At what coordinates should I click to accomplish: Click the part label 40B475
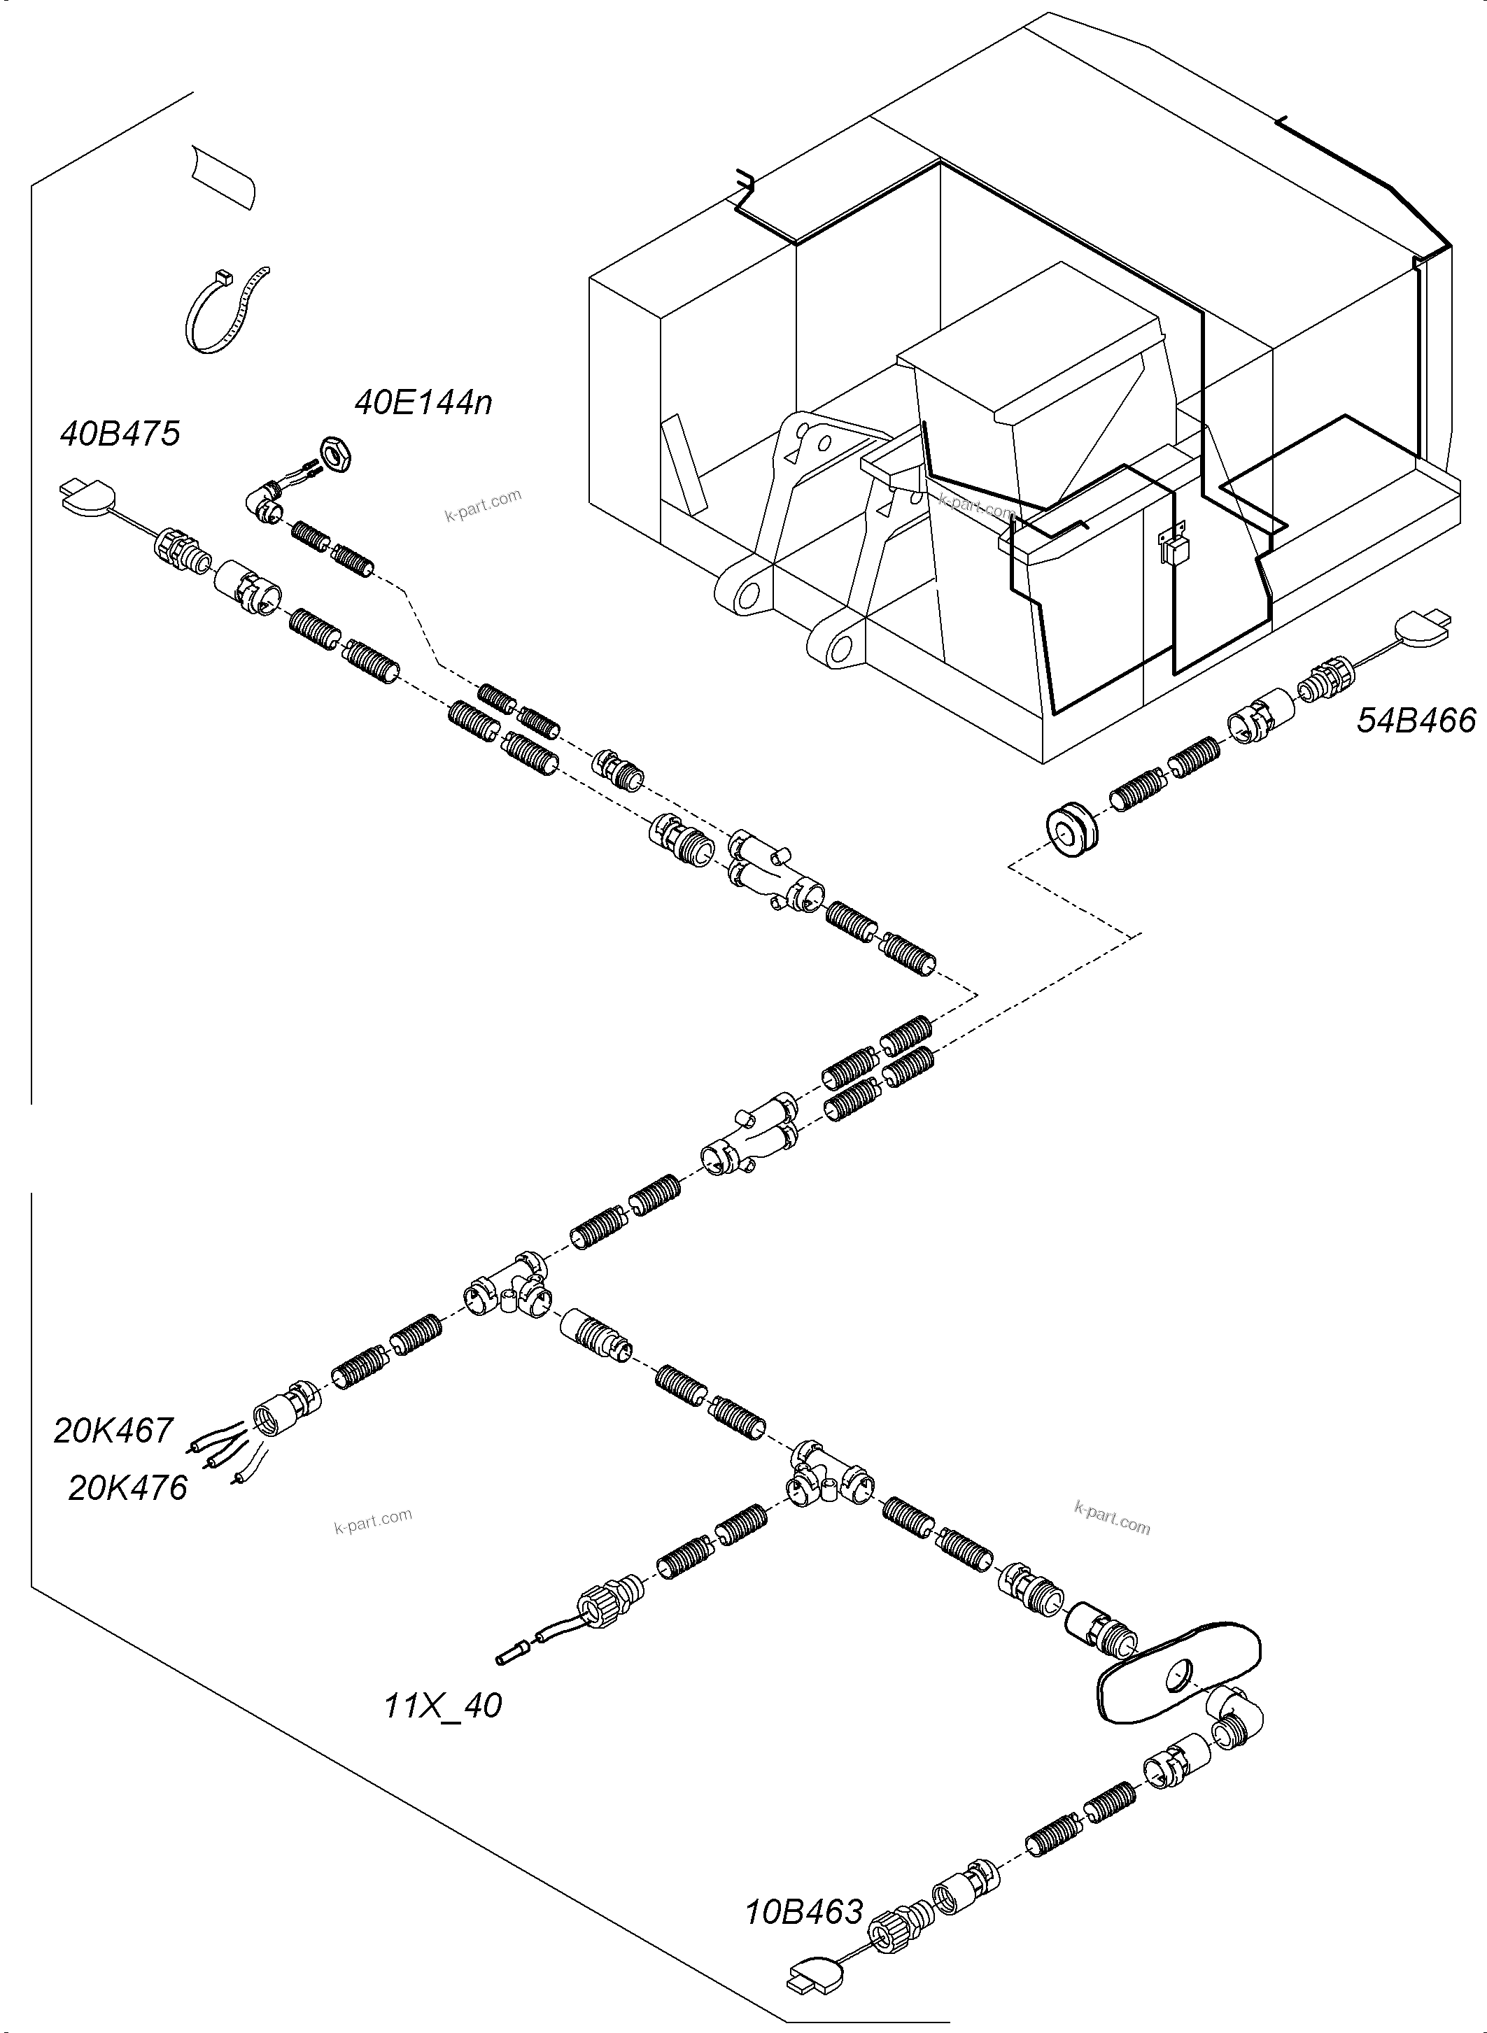click(x=120, y=434)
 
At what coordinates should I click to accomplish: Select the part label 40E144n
click(x=423, y=402)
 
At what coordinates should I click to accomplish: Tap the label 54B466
click(x=1416, y=721)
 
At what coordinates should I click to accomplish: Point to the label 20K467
click(x=113, y=1430)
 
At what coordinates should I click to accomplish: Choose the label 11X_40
click(x=443, y=1706)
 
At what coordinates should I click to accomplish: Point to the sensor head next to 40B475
click(x=88, y=493)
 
